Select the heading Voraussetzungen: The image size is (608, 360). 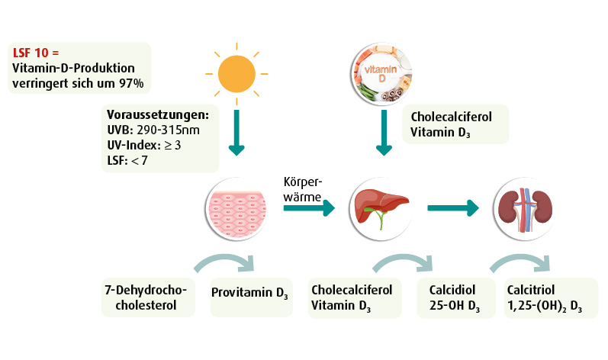point(157,115)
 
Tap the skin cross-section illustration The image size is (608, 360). point(236,207)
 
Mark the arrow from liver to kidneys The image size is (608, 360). point(453,207)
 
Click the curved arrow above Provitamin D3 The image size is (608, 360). point(228,264)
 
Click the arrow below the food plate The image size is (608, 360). point(379,138)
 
